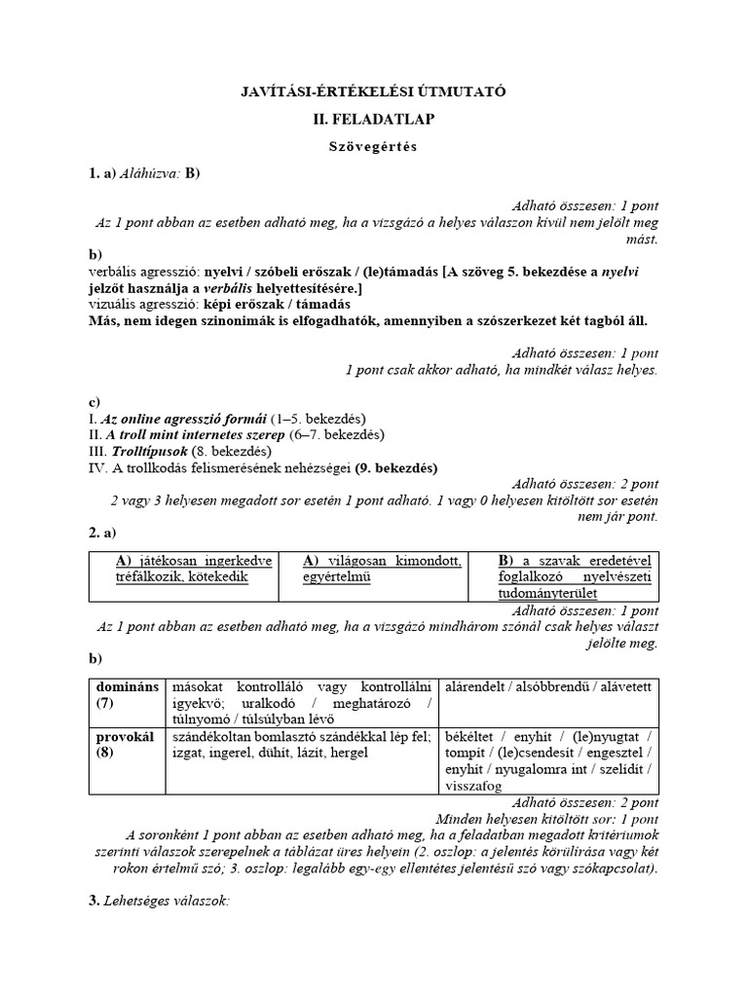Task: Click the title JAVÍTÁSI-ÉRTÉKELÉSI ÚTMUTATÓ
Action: point(373,92)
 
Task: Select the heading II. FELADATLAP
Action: point(373,119)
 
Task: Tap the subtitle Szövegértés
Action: point(373,146)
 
